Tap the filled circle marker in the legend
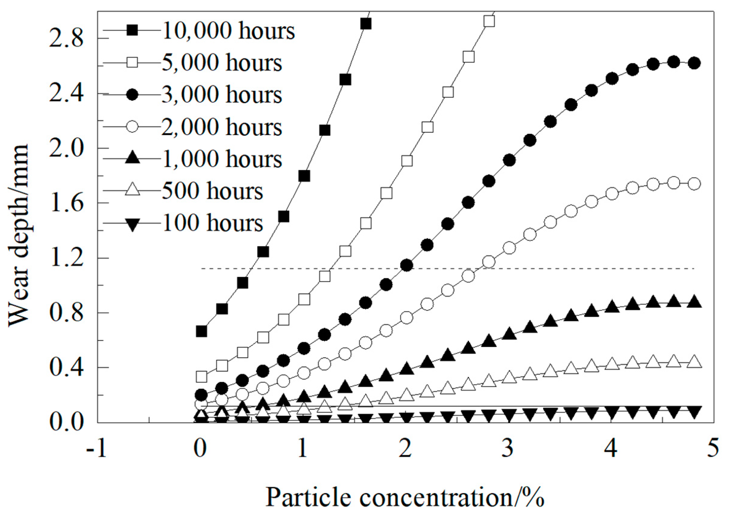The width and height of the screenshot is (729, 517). tap(132, 95)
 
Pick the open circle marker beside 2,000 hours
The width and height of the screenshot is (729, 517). tap(132, 127)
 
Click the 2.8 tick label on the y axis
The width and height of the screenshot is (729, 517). tap(66, 39)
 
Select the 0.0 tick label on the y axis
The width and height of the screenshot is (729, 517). tap(66, 422)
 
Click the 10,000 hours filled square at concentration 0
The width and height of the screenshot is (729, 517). tap(201, 331)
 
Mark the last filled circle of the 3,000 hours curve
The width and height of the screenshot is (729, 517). tap(694, 63)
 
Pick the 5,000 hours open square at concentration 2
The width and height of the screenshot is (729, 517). tap(407, 161)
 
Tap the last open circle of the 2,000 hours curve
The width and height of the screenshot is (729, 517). tap(694, 184)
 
